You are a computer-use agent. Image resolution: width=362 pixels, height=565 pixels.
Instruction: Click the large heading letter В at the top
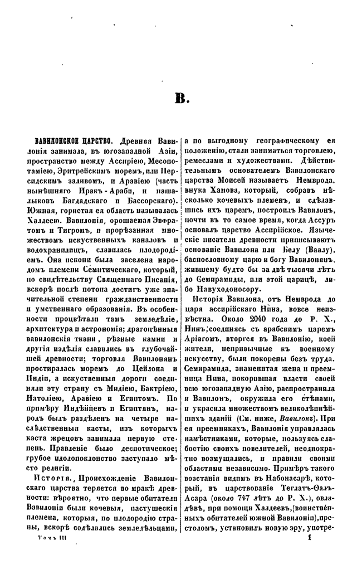183,99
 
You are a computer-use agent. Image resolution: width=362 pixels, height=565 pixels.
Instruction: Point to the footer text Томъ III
51,554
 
